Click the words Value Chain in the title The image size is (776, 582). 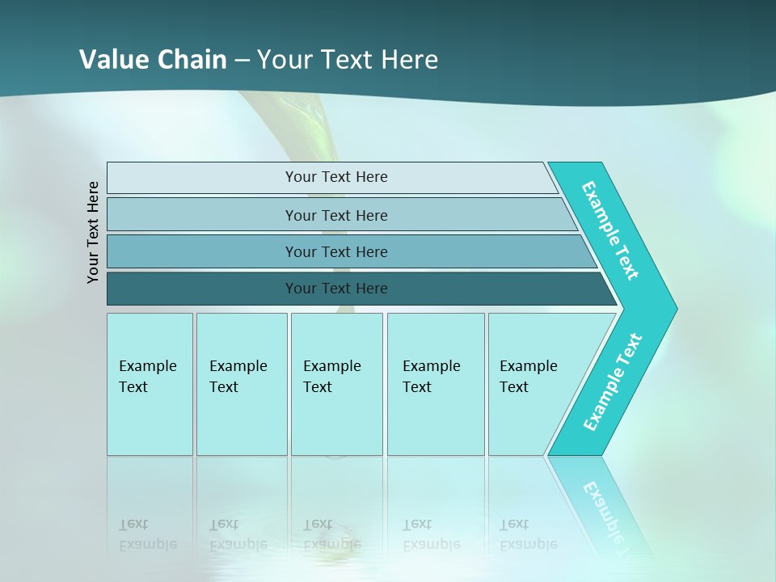click(x=153, y=60)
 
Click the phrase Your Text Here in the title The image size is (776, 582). click(x=348, y=60)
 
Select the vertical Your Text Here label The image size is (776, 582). click(x=94, y=232)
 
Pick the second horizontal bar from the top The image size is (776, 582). click(x=335, y=215)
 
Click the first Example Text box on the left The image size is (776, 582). click(x=150, y=384)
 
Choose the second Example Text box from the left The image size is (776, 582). click(x=241, y=384)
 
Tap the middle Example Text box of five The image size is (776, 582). click(x=336, y=384)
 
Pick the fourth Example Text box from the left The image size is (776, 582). click(x=436, y=384)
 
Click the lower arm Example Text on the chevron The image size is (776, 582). click(x=613, y=382)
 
